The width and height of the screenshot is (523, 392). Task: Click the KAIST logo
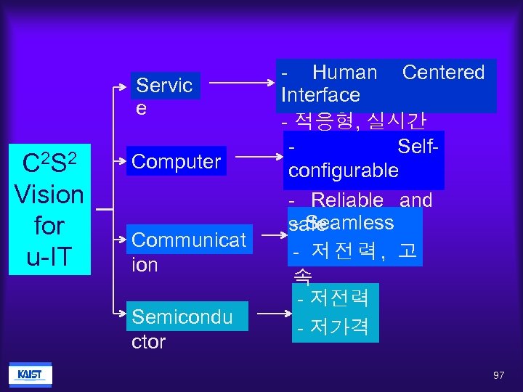[30, 375]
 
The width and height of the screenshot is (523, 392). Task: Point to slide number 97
[498, 375]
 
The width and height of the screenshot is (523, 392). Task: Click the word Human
[344, 73]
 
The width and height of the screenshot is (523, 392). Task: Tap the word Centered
[443, 73]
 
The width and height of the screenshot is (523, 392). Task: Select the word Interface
[320, 95]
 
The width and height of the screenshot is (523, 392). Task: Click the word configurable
[343, 171]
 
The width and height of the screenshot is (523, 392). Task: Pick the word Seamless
[350, 222]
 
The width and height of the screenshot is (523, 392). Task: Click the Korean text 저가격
[339, 328]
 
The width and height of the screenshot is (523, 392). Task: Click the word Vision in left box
[49, 195]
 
